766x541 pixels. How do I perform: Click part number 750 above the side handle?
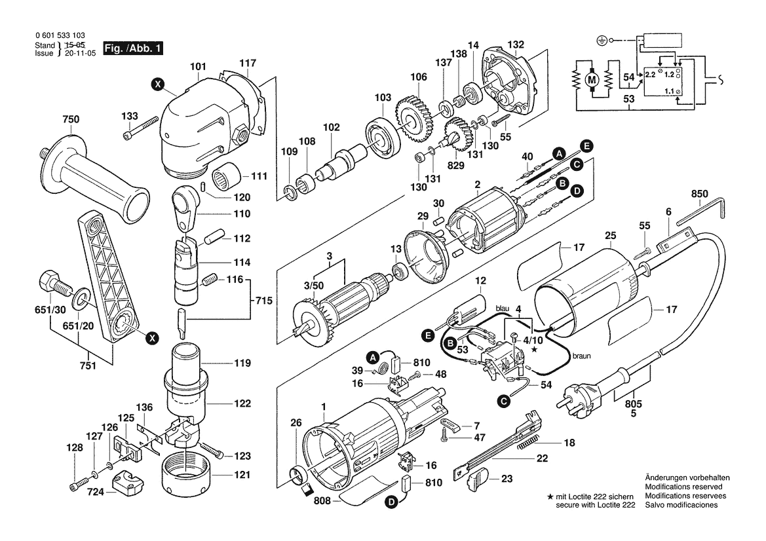(70, 119)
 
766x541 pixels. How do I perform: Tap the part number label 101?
(199, 67)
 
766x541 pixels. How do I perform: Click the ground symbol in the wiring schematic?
(601, 41)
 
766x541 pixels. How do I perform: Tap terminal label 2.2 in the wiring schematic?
(650, 75)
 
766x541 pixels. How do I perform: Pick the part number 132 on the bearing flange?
(516, 45)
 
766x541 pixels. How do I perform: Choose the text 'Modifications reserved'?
(683, 487)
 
